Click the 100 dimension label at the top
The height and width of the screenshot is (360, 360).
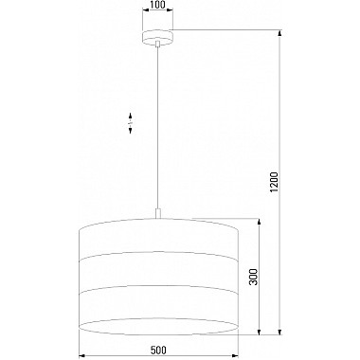coord(158,5)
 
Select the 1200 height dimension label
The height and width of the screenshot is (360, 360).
coord(274,182)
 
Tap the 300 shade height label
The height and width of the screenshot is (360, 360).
coord(254,277)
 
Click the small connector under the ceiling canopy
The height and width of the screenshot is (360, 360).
coord(158,44)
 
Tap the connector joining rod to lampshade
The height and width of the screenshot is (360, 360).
coord(158,213)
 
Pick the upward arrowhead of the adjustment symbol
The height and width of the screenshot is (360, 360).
coord(130,115)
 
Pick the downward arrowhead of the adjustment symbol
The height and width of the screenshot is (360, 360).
coord(130,130)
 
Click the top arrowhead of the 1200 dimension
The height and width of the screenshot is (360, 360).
coord(279,33)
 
